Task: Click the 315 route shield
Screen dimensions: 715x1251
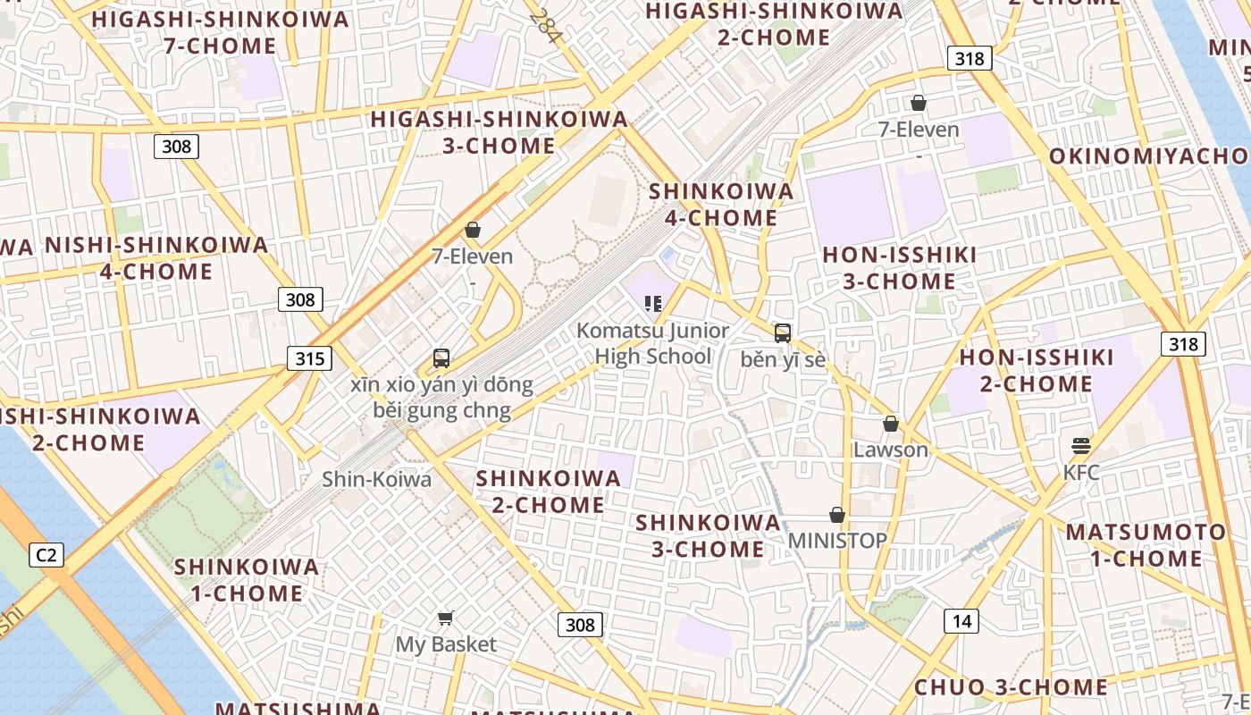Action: [309, 359]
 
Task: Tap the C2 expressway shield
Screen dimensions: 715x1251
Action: [46, 555]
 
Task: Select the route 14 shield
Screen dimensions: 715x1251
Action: [961, 621]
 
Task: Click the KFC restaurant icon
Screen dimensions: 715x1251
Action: [1081, 445]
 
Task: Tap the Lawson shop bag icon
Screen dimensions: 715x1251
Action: [890, 424]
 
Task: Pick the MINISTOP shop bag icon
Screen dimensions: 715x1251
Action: [837, 515]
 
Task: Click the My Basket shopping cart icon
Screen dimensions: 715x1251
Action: [445, 618]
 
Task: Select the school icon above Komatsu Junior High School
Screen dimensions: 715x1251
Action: [653, 304]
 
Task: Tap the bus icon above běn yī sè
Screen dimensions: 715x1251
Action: [783, 333]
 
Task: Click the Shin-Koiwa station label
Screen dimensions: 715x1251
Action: [376, 479]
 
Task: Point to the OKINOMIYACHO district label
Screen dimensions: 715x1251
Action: [1148, 156]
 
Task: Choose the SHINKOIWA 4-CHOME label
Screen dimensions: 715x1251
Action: [721, 205]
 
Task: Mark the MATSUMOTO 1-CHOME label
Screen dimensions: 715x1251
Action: [1146, 545]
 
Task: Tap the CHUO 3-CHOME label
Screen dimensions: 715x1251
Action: [1011, 687]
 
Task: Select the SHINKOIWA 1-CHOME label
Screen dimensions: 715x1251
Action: [246, 580]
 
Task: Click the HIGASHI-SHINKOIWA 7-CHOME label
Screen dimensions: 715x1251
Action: [220, 32]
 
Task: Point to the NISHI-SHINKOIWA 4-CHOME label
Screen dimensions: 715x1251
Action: [156, 258]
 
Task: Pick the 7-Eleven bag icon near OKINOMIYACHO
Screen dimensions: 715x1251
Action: [918, 104]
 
